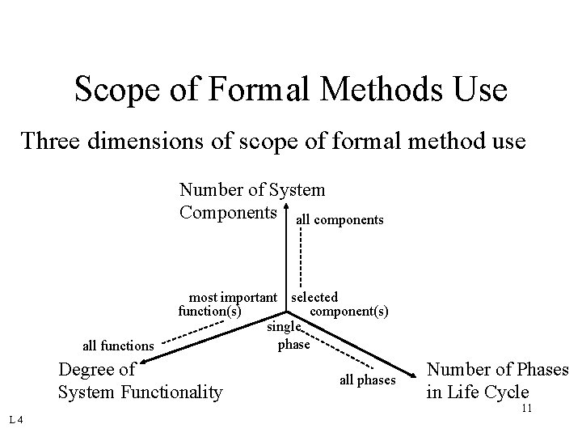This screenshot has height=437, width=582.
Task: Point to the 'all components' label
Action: (x=340, y=219)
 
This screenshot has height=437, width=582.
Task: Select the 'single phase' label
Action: (x=289, y=336)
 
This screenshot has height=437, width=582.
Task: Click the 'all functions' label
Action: (x=119, y=346)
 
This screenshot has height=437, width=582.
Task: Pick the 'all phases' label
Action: (x=368, y=380)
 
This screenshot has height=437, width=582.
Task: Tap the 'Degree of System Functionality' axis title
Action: (x=140, y=381)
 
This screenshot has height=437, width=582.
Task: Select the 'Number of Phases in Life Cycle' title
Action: (x=497, y=381)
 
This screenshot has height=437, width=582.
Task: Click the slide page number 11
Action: (x=525, y=408)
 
